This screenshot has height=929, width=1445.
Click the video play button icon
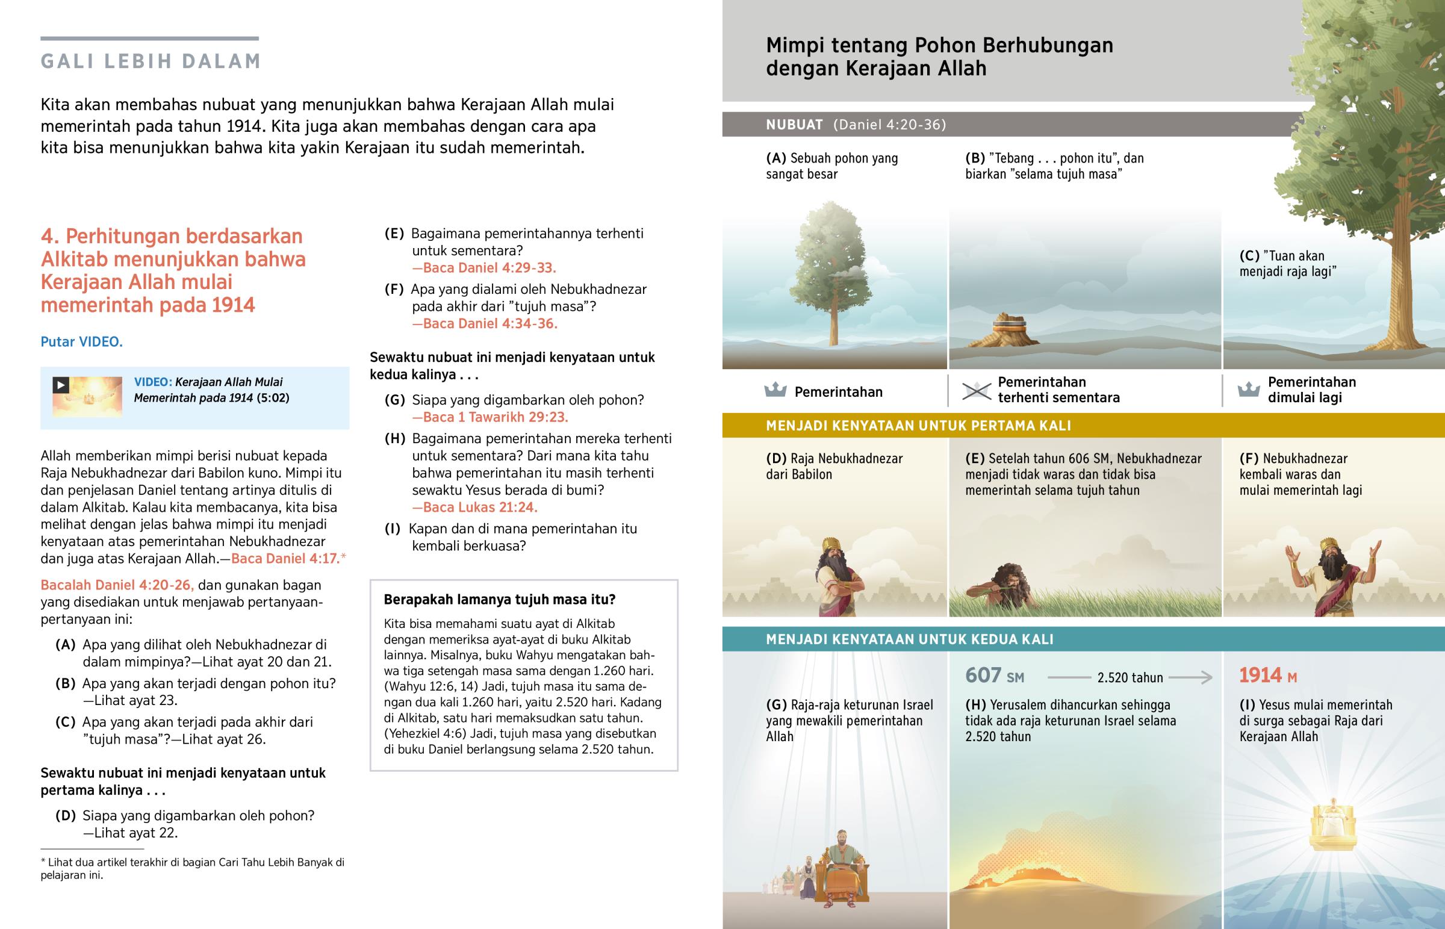(x=60, y=384)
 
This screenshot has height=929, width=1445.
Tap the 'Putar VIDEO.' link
(x=81, y=342)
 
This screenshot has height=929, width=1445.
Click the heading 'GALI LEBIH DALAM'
(x=150, y=61)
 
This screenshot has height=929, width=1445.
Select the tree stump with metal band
(x=1008, y=331)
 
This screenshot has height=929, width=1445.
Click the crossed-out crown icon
(x=976, y=391)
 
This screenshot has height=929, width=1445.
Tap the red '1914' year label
(x=1260, y=676)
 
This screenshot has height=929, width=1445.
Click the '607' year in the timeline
(x=984, y=676)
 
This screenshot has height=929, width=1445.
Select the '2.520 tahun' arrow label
(x=1130, y=677)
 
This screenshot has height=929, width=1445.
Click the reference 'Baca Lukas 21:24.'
(x=474, y=508)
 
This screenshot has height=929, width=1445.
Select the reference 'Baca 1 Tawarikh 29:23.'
(x=489, y=417)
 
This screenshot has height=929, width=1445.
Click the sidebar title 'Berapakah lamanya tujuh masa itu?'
(x=499, y=600)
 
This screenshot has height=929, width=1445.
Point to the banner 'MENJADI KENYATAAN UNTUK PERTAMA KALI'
(x=918, y=426)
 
